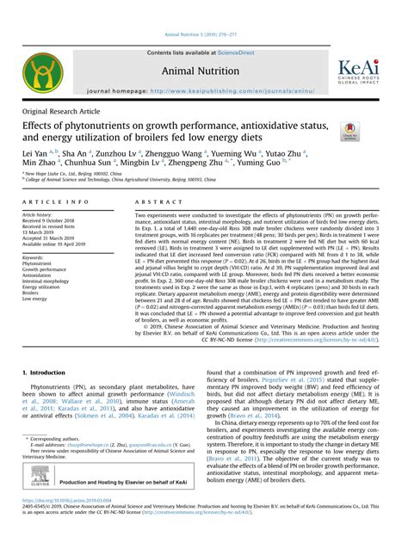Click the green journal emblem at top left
41,74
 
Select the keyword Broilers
35,293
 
